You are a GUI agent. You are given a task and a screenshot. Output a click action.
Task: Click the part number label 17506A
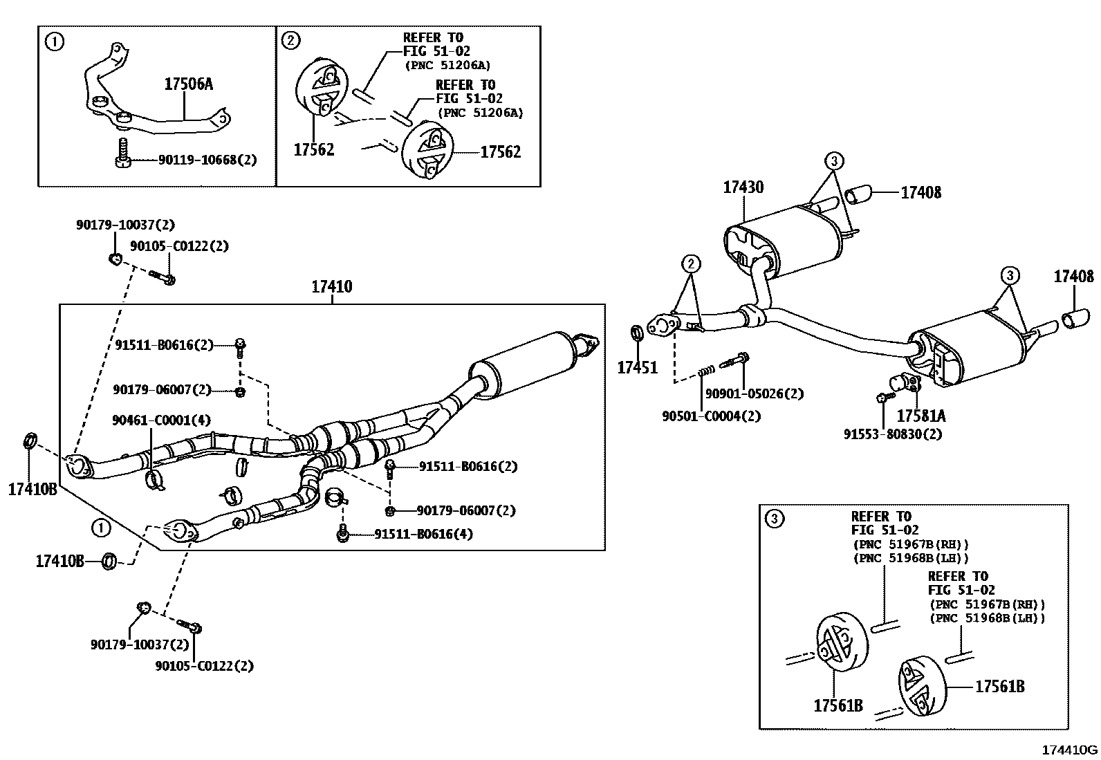pyautogui.click(x=187, y=84)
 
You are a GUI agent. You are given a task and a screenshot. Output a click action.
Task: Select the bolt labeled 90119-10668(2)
pyautogui.click(x=122, y=155)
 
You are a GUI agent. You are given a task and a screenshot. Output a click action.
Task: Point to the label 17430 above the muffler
pyautogui.click(x=743, y=187)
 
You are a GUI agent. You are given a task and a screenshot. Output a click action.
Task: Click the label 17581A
pyautogui.click(x=920, y=416)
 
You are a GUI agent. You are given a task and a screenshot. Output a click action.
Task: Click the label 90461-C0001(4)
pyautogui.click(x=161, y=420)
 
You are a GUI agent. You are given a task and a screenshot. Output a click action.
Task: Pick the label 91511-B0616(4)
pyautogui.click(x=423, y=534)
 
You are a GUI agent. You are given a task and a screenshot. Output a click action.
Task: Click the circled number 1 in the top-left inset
pyautogui.click(x=53, y=41)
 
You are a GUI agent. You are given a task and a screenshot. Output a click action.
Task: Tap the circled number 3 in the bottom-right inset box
pyautogui.click(x=775, y=519)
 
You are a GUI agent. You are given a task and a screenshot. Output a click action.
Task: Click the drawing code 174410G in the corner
pyautogui.click(x=1069, y=749)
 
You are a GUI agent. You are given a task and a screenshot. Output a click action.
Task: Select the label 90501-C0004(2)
pyautogui.click(x=711, y=416)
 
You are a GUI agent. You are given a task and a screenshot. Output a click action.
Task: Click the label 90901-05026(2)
pyautogui.click(x=754, y=393)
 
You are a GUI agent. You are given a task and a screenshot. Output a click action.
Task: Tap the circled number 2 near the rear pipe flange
pyautogui.click(x=690, y=263)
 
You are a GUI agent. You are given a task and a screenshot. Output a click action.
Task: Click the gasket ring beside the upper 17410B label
pyautogui.click(x=31, y=440)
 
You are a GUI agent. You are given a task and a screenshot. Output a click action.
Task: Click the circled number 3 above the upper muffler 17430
pyautogui.click(x=834, y=161)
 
